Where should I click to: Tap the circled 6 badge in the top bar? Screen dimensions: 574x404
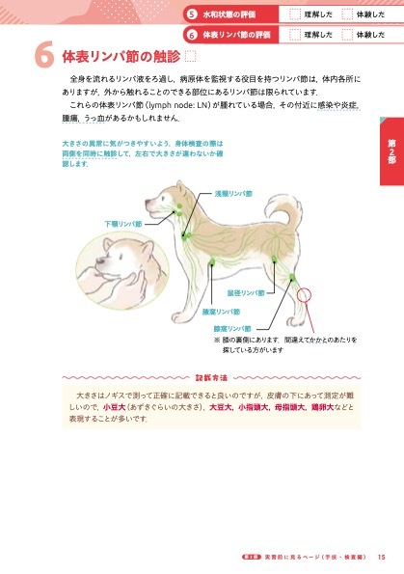193,34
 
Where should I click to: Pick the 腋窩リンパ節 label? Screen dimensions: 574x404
221,312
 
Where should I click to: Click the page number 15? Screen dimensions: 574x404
383,555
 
